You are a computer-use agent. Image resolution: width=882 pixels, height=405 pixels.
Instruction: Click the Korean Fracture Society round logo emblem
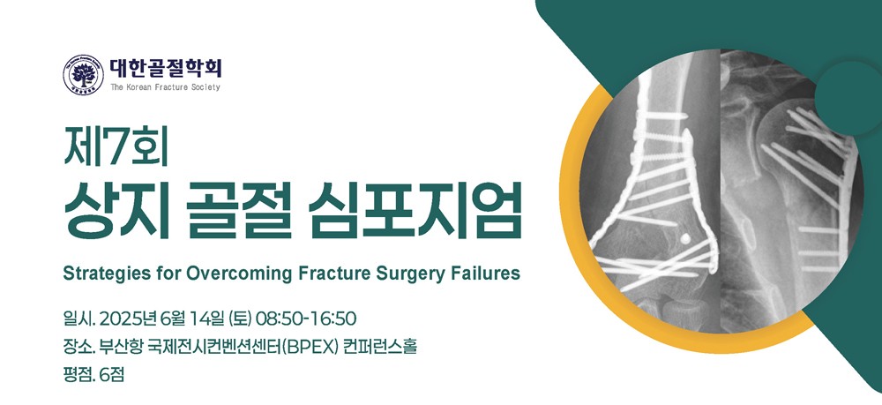[x=83, y=75]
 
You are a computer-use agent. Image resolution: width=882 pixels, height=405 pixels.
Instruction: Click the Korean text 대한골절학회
[x=166, y=69]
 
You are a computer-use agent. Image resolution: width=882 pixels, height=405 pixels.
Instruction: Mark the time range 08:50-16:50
[x=305, y=319]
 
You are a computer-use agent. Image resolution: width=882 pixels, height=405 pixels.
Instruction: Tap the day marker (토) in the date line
[x=241, y=319]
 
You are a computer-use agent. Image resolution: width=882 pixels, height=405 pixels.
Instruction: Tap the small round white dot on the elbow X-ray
[x=684, y=239]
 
